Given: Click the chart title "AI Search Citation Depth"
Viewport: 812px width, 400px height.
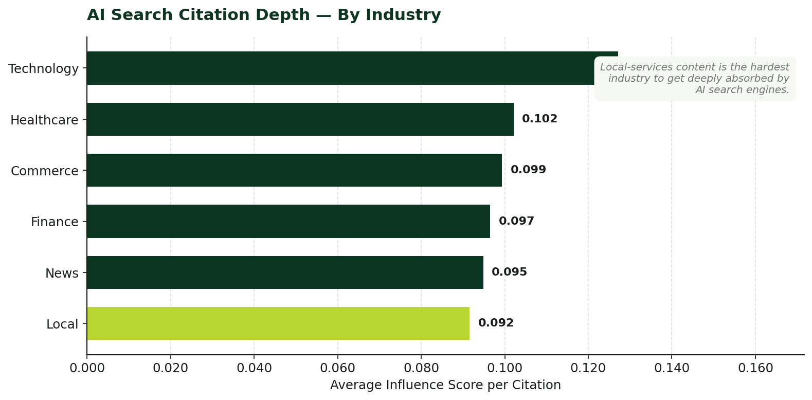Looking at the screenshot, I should pos(263,15).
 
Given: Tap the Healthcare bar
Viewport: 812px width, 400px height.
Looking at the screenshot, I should pos(300,119).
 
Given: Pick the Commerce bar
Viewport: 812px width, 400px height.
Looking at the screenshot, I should pos(294,170).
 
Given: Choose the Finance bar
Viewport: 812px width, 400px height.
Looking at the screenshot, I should pos(288,221).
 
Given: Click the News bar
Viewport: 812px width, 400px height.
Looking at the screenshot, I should pos(285,272).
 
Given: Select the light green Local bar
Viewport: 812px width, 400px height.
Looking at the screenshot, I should pos(278,323).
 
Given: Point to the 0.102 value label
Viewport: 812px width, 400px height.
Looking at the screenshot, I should pos(539,119).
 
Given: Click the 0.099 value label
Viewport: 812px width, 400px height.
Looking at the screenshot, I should pos(528,170).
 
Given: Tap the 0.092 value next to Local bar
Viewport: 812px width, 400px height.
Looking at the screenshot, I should pos(496,323).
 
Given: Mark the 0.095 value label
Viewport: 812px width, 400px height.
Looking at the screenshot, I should pos(509,272).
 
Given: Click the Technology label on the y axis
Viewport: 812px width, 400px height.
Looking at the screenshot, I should pos(44,68).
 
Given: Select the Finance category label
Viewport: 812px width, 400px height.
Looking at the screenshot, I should pos(55,222).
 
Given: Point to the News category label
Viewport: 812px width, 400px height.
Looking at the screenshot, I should pos(62,273).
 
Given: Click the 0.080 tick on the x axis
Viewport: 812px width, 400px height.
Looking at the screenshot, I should pos(421,368).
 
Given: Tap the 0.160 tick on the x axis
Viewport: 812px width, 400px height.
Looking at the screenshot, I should pos(755,368).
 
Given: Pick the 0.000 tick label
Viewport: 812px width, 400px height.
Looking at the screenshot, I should pos(87,368).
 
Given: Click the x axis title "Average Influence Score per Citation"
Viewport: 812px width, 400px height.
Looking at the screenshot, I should pos(445,385).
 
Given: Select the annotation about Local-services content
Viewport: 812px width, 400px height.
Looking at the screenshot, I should pos(694,78).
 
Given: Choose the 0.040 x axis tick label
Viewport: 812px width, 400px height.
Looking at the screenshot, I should pos(254,368).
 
